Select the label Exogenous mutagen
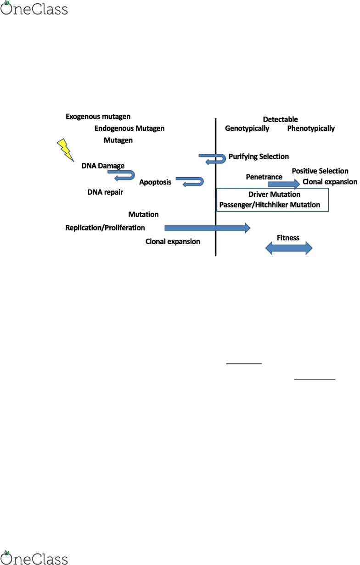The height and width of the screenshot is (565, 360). click(x=98, y=117)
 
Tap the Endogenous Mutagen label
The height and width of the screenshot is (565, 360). click(x=129, y=129)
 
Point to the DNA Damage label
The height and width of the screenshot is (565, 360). click(x=103, y=166)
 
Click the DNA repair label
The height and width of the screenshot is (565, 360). click(x=105, y=192)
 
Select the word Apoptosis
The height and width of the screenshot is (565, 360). click(x=155, y=182)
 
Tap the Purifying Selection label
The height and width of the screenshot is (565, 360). click(x=259, y=157)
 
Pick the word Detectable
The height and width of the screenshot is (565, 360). click(x=280, y=119)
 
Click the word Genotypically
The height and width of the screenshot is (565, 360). click(x=247, y=129)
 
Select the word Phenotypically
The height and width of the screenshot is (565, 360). click(x=311, y=129)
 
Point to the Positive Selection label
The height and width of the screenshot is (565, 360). click(x=320, y=171)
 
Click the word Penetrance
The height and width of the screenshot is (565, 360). click(x=264, y=177)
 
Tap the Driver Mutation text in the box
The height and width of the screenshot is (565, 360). click(x=274, y=194)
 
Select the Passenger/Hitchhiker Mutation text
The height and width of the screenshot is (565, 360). click(x=270, y=205)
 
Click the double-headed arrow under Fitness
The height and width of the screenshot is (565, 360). click(x=289, y=248)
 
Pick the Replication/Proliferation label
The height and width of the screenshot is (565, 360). click(x=105, y=228)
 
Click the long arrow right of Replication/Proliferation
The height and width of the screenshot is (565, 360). click(x=208, y=228)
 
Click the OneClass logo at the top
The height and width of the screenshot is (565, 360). click(x=34, y=8)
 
